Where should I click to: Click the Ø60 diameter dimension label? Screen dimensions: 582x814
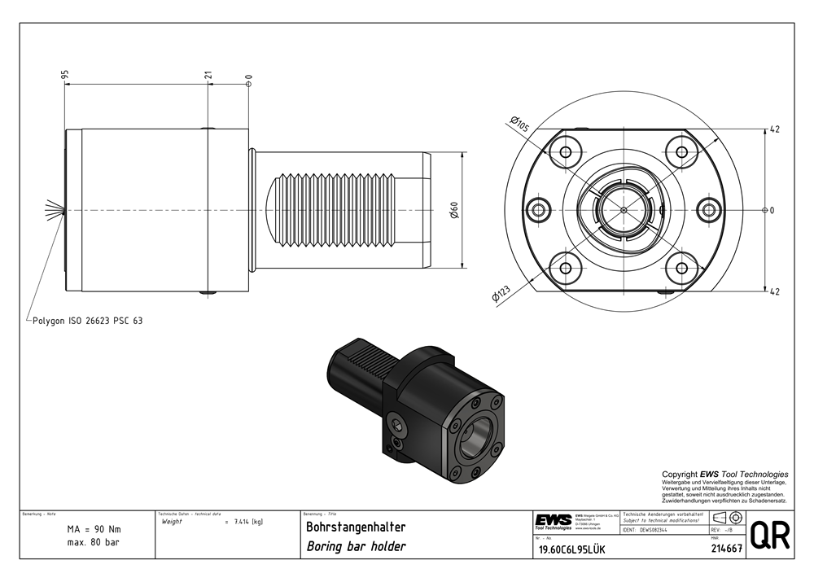click(x=455, y=210)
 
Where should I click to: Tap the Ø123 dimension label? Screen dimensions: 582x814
click(x=500, y=295)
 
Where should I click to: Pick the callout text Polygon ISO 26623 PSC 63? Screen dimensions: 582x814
click(x=87, y=321)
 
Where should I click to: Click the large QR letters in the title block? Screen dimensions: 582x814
click(x=768, y=536)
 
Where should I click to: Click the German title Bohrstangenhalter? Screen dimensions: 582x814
click(x=355, y=527)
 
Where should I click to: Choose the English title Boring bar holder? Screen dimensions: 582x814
click(x=355, y=546)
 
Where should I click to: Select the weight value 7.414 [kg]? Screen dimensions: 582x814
click(x=247, y=521)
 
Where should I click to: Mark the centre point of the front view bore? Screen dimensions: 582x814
click(x=624, y=210)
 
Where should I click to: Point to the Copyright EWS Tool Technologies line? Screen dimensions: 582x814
click(x=724, y=474)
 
